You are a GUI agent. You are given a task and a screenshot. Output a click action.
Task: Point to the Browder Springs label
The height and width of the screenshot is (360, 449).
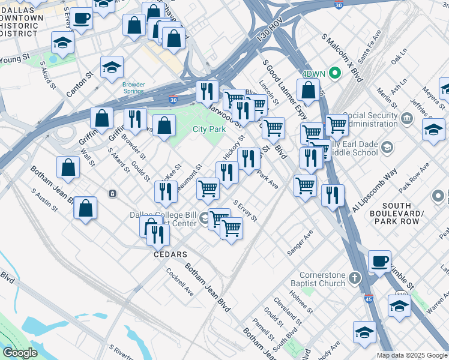coord(133,88)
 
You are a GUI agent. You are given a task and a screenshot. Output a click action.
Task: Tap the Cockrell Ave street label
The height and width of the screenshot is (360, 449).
coord(179,281)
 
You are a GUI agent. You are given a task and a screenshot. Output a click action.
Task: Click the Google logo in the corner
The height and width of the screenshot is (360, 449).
coord(20,353)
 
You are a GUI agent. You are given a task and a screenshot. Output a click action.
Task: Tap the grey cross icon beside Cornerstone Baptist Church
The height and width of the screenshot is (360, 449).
coord(355,278)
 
